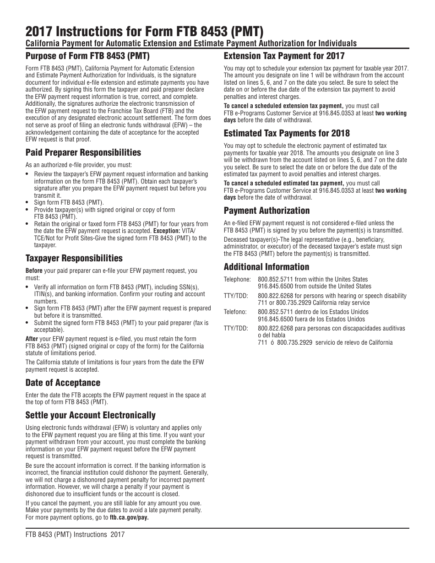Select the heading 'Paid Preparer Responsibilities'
pos(83,152)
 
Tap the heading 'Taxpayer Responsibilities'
pos(74,258)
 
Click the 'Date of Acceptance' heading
pos(63,383)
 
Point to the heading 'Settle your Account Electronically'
pos(90,415)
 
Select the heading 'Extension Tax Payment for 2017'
pos(284,56)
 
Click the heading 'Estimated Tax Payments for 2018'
pos(286,133)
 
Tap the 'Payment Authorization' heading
pos(266,211)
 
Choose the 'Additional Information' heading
pos(266,267)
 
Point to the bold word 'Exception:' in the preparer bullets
pos(166,231)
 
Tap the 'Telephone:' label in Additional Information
pos(237,279)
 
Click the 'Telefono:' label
pos(235,312)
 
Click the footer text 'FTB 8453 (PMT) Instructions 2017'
pos(75,534)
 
